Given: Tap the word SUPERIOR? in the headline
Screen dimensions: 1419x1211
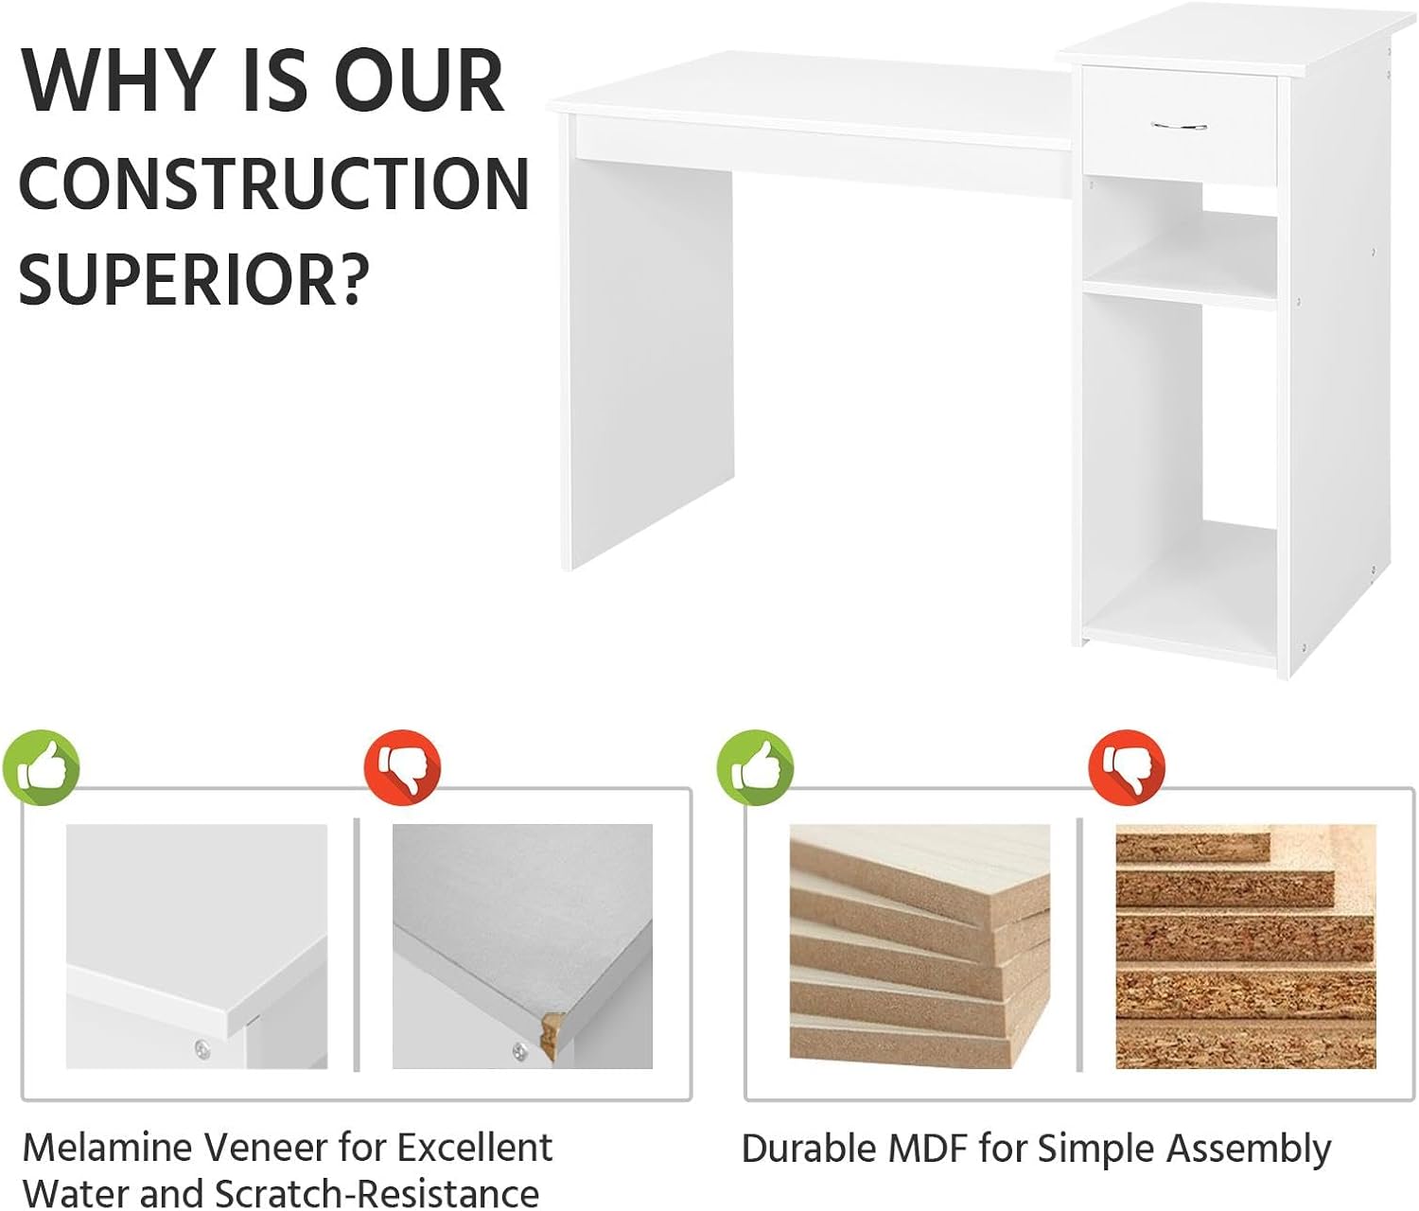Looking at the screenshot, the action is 194,279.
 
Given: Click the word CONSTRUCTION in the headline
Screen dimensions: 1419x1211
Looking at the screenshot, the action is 274,184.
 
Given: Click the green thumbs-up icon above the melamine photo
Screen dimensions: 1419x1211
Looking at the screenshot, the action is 42,767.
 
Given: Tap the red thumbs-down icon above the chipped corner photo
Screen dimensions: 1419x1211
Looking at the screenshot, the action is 402,767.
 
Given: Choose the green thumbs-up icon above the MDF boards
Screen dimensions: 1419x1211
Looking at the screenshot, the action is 755,767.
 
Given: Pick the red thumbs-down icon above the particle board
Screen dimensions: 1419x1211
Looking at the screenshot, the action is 1127,767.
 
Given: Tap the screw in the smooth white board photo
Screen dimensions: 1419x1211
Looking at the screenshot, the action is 201,1048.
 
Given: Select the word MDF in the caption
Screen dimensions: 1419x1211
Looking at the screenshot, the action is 927,1148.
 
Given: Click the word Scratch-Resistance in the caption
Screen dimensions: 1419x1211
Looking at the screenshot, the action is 377,1193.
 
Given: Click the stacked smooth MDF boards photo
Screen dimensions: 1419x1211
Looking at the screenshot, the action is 920,947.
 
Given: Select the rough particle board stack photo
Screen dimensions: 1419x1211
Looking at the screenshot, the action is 1245,947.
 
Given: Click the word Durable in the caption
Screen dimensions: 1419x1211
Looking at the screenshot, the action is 809,1148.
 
